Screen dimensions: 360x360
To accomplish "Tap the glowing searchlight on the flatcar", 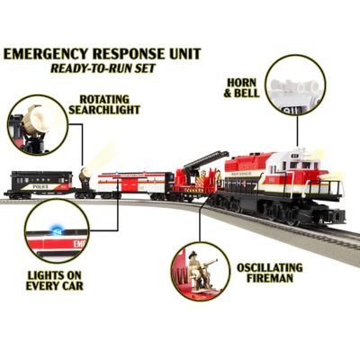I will (x=85, y=173).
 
